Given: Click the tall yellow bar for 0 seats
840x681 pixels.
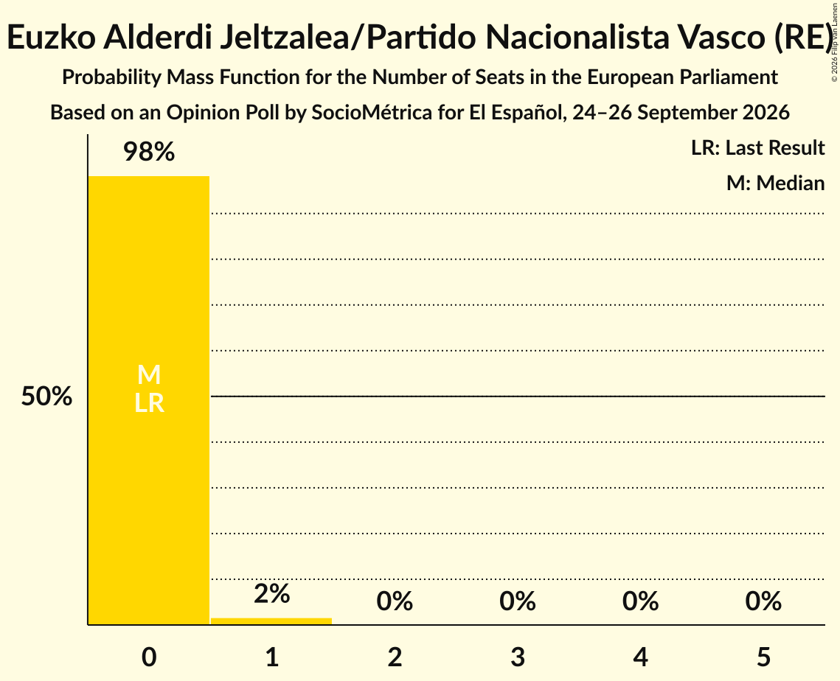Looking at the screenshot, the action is click(149, 400).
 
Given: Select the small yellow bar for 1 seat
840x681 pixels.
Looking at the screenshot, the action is click(271, 621).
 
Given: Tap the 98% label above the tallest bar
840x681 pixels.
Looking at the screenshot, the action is click(149, 152).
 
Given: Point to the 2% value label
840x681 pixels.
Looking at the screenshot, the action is click(271, 594).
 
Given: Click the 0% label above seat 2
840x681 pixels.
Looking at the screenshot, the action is click(395, 601).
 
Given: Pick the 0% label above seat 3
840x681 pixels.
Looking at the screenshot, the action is click(518, 601).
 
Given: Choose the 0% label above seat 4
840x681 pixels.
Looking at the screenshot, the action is click(641, 601).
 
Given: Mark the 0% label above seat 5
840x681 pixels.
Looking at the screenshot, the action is click(763, 601).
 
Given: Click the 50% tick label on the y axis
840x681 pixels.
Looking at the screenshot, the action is click(46, 397).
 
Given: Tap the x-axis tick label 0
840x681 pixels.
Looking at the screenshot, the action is click(149, 657).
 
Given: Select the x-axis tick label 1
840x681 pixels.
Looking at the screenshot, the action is click(272, 657).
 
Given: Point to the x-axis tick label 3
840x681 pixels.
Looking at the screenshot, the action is click(518, 657).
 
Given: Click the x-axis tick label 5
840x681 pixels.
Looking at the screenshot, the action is click(763, 657).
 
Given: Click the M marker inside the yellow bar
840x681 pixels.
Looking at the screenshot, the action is click(149, 374).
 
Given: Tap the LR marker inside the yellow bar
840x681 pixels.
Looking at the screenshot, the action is click(149, 403).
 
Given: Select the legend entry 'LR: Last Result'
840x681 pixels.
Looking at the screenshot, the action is click(757, 147).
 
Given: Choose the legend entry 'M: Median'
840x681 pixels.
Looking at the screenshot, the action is click(775, 183).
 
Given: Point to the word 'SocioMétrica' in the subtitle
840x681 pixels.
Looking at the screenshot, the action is click(371, 113).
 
